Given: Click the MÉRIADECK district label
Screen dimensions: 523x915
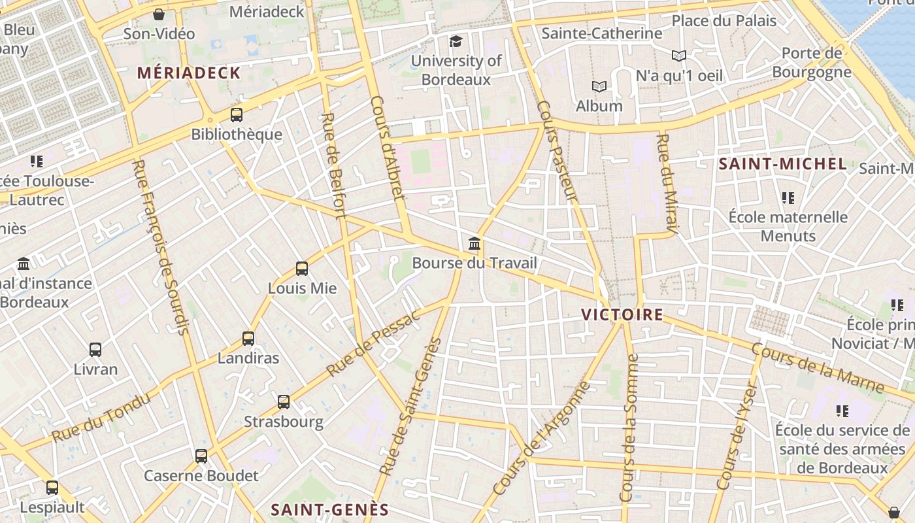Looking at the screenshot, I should tap(189, 73).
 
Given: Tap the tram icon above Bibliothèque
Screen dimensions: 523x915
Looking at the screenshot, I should tap(237, 115).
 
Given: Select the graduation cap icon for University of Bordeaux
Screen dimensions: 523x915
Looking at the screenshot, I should tap(456, 42).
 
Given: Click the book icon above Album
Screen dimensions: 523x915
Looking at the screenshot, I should tap(599, 86).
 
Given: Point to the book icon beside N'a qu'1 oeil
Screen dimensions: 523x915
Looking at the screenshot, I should tap(679, 56).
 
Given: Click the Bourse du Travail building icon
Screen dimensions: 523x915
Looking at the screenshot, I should tap(474, 245).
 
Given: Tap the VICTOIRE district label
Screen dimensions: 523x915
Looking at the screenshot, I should tap(622, 315).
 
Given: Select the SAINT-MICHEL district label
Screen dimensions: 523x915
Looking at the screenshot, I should tap(782, 164).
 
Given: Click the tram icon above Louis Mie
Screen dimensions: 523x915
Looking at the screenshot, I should tap(301, 269).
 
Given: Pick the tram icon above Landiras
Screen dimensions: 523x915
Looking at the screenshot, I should tap(248, 339).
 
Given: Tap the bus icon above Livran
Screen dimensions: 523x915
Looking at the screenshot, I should tap(95, 350).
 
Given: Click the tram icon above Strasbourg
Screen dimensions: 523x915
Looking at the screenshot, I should tap(284, 402).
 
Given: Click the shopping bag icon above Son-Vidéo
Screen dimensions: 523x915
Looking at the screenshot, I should tap(159, 14).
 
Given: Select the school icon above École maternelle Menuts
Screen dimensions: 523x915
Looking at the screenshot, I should tap(788, 197).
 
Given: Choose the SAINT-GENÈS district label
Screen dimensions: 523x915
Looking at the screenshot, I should tap(329, 509).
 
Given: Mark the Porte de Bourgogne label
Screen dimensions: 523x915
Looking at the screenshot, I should tap(812, 62).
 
